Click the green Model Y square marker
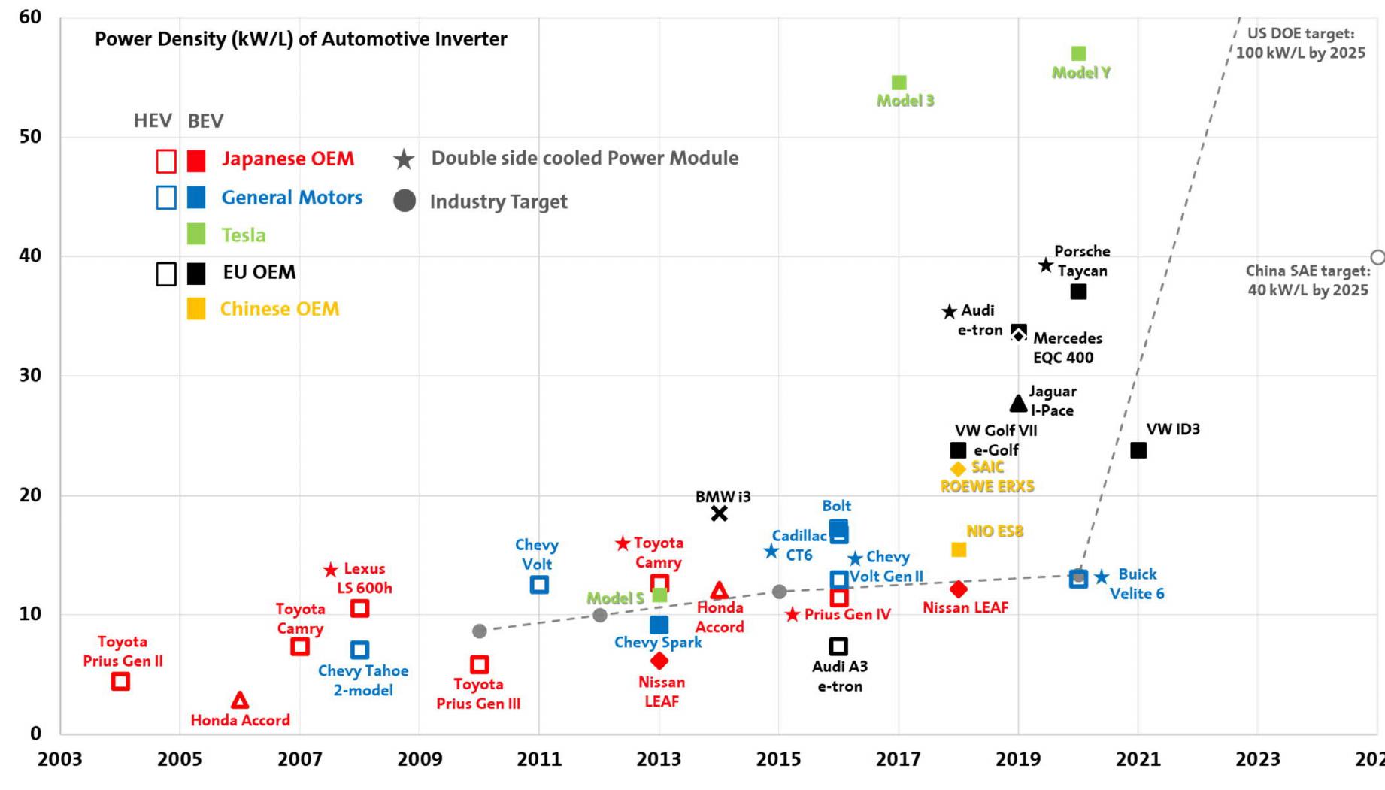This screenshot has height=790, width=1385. point(1078,53)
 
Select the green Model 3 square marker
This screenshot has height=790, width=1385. point(899,82)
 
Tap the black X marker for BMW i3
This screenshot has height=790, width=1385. point(719,513)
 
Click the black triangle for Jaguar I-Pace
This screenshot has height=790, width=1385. point(1018,404)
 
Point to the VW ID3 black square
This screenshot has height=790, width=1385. point(1138,450)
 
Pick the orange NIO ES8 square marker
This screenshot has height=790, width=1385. point(959,549)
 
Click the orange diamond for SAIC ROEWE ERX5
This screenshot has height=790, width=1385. point(958,469)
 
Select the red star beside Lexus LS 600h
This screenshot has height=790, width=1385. point(331,570)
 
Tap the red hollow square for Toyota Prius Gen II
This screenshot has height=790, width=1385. point(120,681)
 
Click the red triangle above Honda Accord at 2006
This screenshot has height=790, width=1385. point(240,701)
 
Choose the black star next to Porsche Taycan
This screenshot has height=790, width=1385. point(1046,265)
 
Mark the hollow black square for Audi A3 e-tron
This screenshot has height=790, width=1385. point(838,646)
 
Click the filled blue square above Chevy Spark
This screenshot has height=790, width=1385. point(659,625)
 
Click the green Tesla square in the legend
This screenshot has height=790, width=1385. point(195,235)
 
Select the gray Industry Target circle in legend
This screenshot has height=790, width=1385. point(405,201)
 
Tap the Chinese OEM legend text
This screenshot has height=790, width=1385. point(279,309)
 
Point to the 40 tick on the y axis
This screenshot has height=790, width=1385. point(30,256)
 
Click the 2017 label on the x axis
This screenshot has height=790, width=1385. point(898,759)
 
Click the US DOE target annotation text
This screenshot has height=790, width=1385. point(1300,44)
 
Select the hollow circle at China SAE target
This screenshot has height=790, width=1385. point(1377,257)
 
